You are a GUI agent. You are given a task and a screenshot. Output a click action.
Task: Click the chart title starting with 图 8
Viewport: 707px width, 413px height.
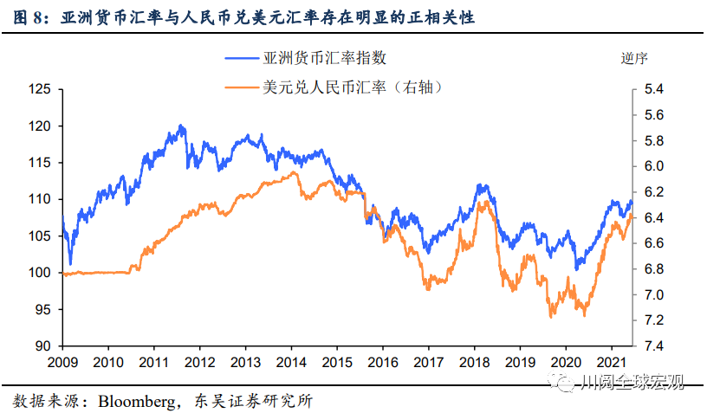pos(243,16)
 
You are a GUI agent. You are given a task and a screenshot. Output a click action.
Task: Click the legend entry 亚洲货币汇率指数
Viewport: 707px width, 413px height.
pos(324,59)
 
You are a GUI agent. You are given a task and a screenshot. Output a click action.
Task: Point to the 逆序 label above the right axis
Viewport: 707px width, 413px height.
pos(634,59)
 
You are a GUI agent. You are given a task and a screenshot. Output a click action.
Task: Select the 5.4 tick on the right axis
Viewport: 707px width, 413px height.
pos(653,89)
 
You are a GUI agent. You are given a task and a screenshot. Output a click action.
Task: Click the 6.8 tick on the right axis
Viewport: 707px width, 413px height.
pos(653,269)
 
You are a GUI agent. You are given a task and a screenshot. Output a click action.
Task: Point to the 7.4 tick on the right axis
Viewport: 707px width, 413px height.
pos(653,345)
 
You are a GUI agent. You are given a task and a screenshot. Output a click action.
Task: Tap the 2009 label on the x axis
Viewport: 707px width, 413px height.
pos(62,363)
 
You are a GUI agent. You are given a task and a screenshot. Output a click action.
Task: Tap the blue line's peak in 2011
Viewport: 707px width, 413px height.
pos(181,126)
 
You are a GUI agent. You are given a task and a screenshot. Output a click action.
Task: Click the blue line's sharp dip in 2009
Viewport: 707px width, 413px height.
pos(70,263)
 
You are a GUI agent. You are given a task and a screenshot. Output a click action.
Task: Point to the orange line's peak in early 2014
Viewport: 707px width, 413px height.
pos(295,172)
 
